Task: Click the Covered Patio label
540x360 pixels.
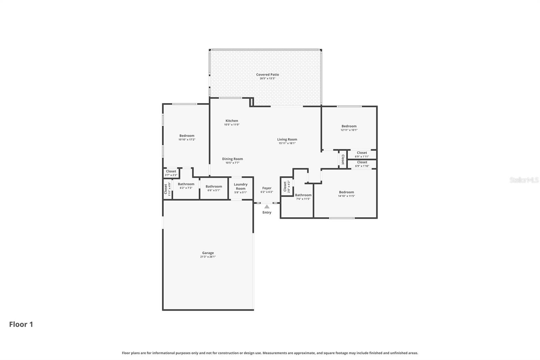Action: pos(267,75)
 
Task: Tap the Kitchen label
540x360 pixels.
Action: pos(232,121)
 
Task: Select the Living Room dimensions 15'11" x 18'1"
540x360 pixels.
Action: pos(287,143)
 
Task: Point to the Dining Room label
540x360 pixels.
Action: pos(232,159)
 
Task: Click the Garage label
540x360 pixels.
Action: pos(208,253)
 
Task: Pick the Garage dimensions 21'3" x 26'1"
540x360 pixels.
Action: pos(208,257)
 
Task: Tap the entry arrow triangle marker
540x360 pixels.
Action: pos(267,207)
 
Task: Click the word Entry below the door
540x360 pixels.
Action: pos(267,212)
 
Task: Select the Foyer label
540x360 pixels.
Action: pos(267,188)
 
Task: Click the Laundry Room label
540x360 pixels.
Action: pos(241,186)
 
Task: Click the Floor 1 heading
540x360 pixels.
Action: pos(21,324)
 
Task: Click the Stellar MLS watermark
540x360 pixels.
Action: pos(524,180)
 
